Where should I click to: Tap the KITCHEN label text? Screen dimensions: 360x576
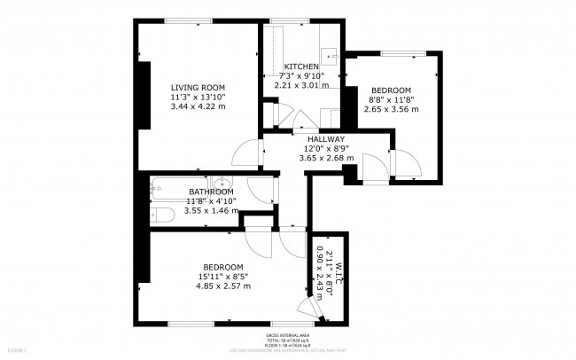point(301,67)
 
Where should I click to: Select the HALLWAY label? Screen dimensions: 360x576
point(326,139)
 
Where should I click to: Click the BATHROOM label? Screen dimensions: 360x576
point(211,192)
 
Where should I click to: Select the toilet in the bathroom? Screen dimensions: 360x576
point(162,214)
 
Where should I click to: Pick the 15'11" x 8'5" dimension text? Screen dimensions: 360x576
point(223,277)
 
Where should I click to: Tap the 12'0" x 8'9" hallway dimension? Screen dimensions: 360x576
point(326,149)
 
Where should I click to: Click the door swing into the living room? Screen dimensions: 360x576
point(246,153)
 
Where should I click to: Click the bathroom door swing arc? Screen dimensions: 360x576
point(260,188)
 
